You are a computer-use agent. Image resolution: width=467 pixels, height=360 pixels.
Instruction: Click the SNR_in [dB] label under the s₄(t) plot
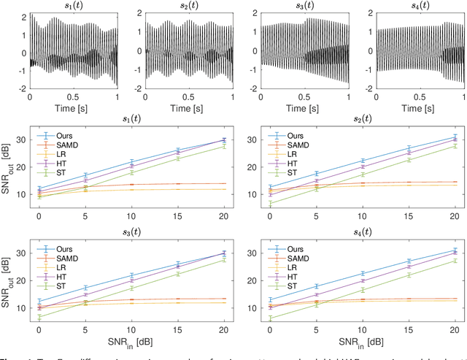point(362,342)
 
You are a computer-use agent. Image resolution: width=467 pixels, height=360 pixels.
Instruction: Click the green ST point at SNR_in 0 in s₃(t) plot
point(39,318)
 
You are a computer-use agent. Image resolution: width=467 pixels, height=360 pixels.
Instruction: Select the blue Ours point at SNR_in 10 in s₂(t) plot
point(363,161)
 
